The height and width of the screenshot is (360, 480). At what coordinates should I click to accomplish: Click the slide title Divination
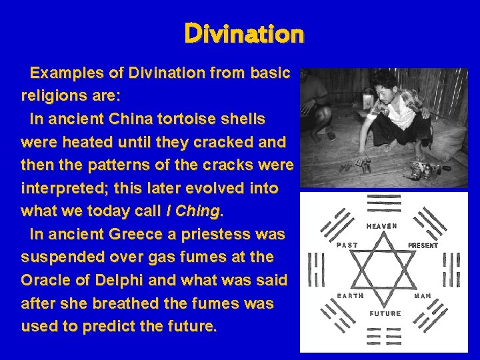[244, 33]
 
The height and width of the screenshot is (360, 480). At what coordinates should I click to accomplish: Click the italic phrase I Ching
[194, 211]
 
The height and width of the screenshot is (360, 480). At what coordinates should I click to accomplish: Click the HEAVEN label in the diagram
[382, 226]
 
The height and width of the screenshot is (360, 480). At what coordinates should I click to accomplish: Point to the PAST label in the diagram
[347, 245]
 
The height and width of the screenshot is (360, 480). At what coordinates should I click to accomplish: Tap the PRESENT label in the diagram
[423, 245]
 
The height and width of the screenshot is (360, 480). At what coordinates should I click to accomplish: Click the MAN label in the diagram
[423, 295]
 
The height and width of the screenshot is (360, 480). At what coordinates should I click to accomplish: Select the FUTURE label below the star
[385, 313]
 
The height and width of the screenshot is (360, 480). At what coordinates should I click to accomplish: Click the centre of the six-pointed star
[385, 270]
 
